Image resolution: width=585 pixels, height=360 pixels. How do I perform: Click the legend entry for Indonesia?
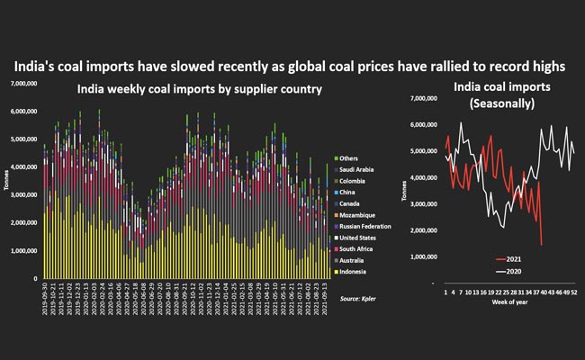pyautogui.click(x=357, y=270)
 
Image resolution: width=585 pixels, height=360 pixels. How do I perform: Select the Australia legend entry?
pyautogui.click(x=356, y=259)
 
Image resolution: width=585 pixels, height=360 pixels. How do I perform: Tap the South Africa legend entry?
pyautogui.click(x=360, y=247)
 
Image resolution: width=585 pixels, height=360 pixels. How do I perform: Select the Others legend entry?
pyautogui.click(x=351, y=158)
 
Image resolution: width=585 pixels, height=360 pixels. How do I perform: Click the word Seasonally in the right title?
pyautogui.click(x=506, y=104)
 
